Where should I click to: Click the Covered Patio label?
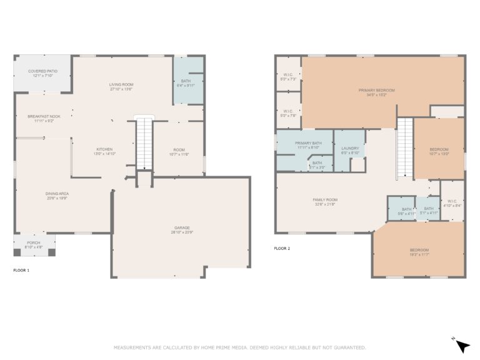tap(42, 71)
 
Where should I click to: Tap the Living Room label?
tap(121, 84)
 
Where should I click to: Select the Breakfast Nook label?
tap(44, 116)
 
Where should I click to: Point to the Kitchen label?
tap(104, 149)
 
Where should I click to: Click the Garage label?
tap(182, 227)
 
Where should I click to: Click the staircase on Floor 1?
tap(144, 144)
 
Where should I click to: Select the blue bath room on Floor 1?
tap(187, 81)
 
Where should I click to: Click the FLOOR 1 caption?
tap(21, 271)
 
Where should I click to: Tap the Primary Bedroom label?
tap(376, 90)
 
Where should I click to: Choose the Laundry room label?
tap(349, 148)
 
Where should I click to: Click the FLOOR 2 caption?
tap(282, 248)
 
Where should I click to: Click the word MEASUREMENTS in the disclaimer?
tap(132, 347)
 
